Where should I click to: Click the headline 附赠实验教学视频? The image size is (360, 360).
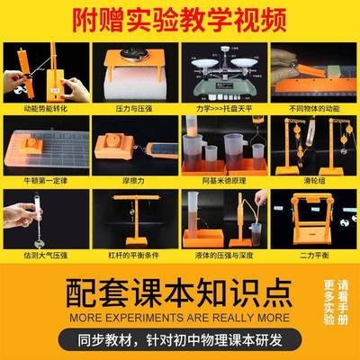(x=180, y=16)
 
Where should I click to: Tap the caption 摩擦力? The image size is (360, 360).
(x=135, y=178)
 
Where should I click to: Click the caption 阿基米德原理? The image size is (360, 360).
(x=224, y=178)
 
